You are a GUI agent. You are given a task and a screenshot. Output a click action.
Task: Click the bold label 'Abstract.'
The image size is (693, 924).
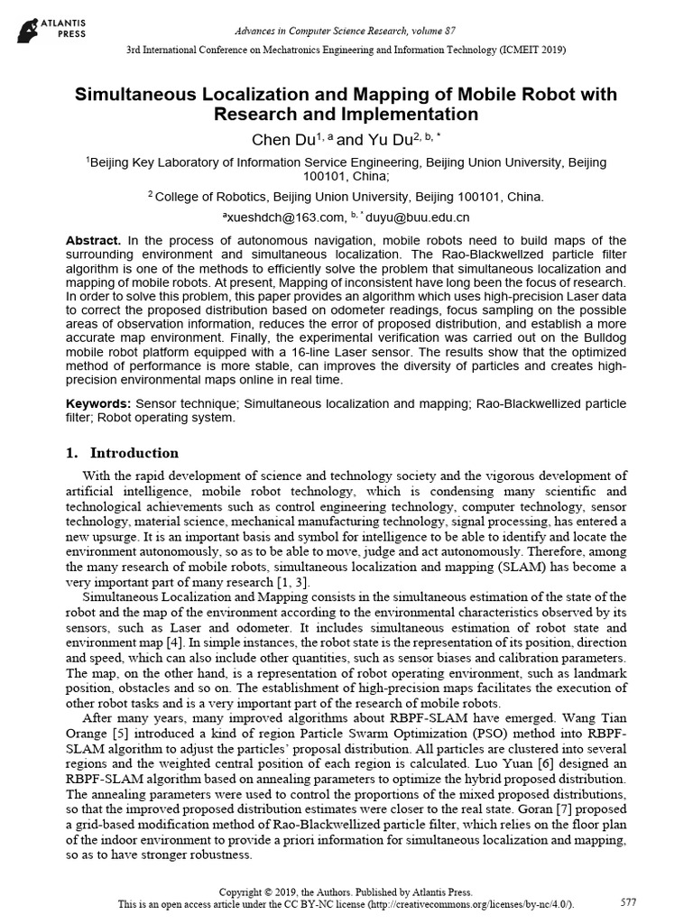93,240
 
